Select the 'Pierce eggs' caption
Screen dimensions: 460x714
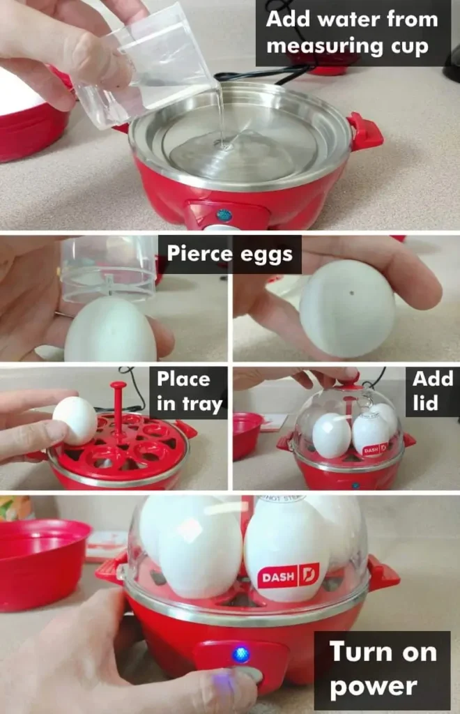tap(229, 255)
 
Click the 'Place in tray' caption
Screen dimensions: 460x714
tap(190, 392)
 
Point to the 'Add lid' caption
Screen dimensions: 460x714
tap(432, 391)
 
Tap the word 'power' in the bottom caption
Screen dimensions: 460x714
tap(373, 686)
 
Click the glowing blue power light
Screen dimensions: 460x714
tap(241, 655)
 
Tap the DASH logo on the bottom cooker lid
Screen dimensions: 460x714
tap(289, 577)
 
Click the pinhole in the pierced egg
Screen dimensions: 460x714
tap(352, 293)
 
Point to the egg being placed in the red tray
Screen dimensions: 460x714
tap(75, 420)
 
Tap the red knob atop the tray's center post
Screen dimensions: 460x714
tap(118, 386)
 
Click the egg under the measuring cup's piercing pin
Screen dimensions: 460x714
tap(111, 330)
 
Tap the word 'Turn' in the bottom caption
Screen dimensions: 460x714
tap(358, 651)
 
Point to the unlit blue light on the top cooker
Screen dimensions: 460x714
tap(224, 215)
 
